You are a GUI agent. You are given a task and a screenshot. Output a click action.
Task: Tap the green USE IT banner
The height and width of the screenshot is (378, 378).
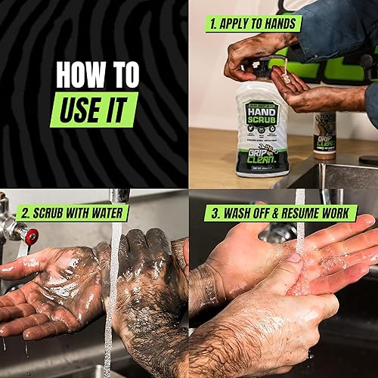94,109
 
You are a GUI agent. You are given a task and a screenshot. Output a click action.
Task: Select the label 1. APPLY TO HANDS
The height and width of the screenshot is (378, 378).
253,23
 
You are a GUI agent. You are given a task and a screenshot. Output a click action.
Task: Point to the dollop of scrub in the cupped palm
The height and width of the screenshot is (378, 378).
286,76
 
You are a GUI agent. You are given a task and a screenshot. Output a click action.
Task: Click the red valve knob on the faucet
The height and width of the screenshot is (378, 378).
31,237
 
